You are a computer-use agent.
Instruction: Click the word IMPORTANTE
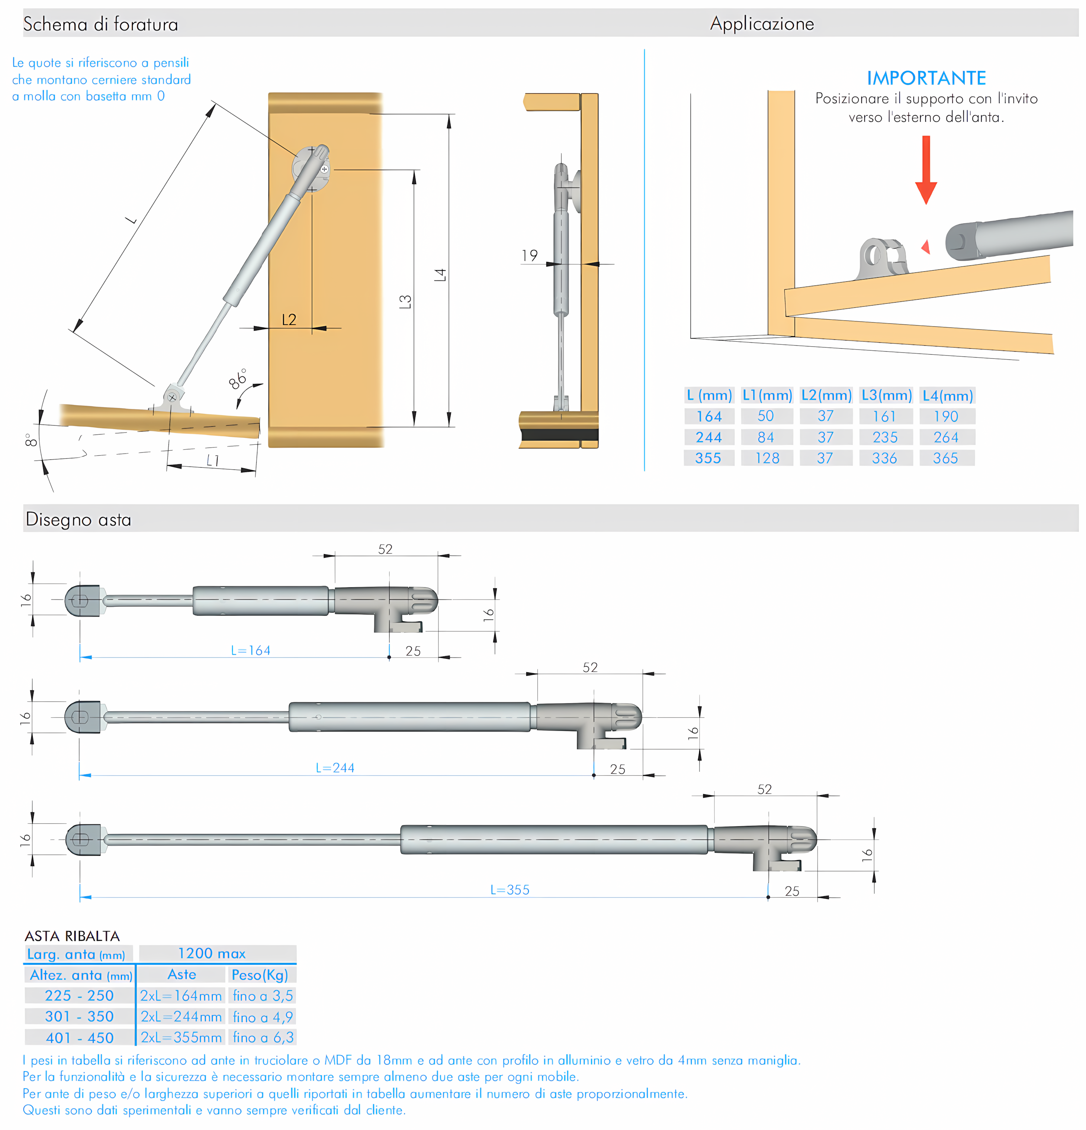(x=926, y=78)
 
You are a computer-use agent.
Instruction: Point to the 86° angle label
(x=238, y=379)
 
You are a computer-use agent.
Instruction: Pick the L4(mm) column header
(x=947, y=395)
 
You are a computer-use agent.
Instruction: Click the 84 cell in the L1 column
(x=765, y=438)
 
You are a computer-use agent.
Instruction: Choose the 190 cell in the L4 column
(x=946, y=416)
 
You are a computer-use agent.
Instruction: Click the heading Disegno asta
(x=78, y=519)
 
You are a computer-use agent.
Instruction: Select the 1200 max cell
(x=212, y=953)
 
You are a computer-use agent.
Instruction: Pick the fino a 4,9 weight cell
(x=263, y=1016)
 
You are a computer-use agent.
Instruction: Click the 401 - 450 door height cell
(x=80, y=1038)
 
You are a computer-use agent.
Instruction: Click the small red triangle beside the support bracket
(x=926, y=247)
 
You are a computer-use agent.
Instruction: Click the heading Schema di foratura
(x=100, y=24)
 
